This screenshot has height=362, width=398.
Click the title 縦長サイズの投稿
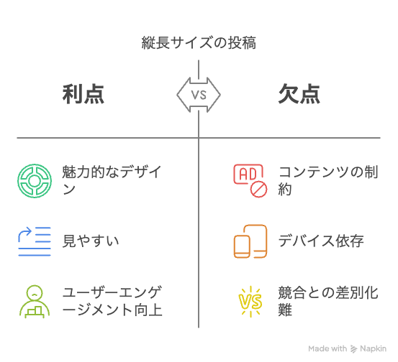coord(199,42)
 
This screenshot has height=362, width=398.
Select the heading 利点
coord(83,94)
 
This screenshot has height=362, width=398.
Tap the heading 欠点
coord(299,94)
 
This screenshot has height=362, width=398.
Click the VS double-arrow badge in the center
coord(199,95)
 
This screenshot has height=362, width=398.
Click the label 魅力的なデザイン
coord(112,180)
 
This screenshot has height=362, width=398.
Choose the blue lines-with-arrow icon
coord(35,241)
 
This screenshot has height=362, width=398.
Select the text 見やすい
coord(91,241)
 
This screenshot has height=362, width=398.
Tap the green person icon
coord(35,302)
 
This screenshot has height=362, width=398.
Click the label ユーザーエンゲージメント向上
coord(112,301)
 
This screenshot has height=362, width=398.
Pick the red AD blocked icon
coord(250,180)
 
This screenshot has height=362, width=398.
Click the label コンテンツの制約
coord(328,180)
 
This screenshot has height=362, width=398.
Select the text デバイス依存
coord(321,241)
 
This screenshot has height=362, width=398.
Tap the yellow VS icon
coord(250,302)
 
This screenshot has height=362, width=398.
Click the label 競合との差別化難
coord(328,301)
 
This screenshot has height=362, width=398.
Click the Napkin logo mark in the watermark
coord(353,349)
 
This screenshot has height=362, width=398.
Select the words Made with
coord(327,348)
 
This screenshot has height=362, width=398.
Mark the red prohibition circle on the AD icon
coord(258,189)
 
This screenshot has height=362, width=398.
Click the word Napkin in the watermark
coord(373,349)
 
